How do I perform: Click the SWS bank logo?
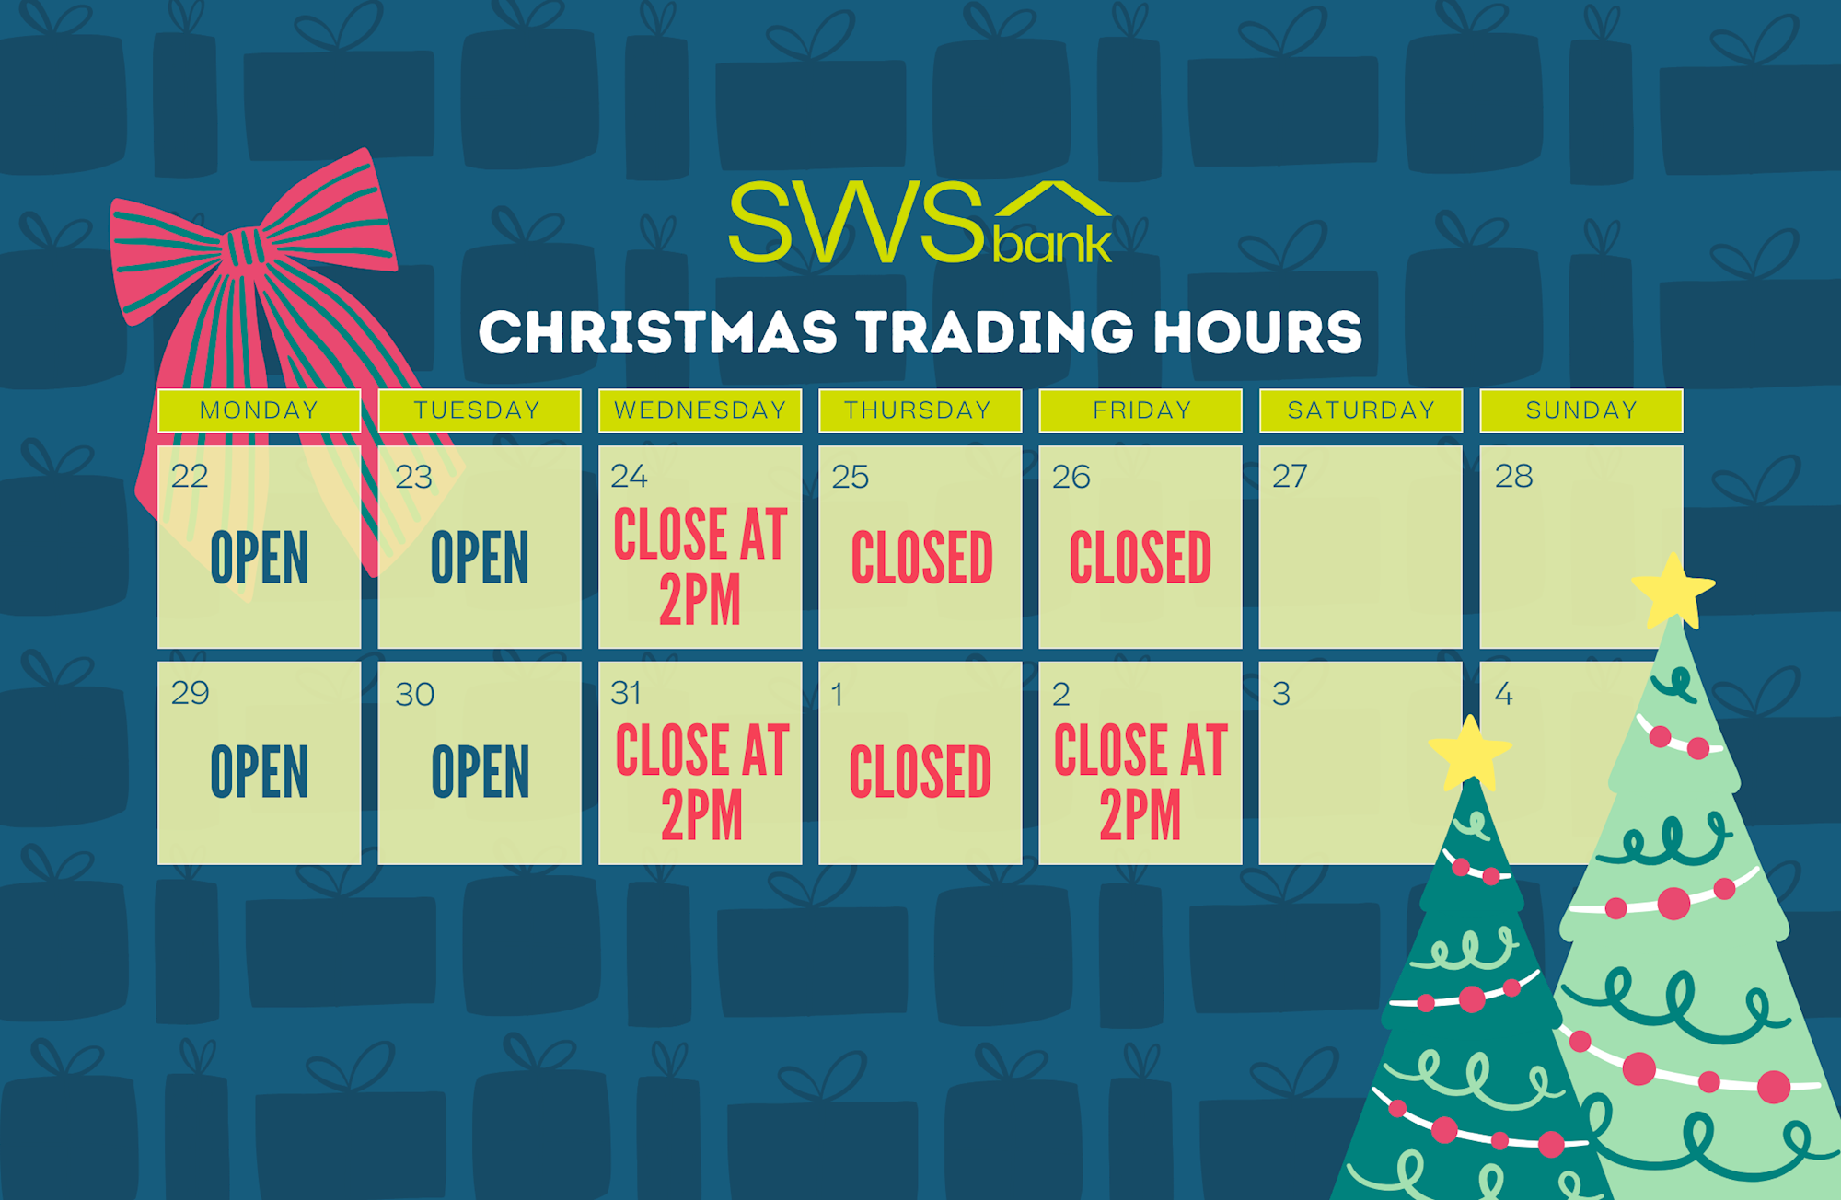[920, 222]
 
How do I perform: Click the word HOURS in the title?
[1258, 332]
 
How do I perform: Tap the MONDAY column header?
[259, 410]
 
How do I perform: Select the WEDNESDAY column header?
[700, 410]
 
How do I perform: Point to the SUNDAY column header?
[1581, 410]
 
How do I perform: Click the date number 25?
[851, 477]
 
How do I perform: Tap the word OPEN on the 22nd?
[260, 558]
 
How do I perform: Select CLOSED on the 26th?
[1140, 558]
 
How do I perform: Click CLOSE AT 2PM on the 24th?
[700, 566]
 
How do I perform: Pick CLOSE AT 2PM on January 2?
[1140, 782]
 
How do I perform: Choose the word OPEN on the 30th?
[481, 773]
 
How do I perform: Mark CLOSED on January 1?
[920, 773]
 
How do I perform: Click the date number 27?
[1290, 477]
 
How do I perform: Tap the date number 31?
[626, 693]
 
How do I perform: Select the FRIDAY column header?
[1141, 410]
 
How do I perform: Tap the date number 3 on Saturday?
[1281, 694]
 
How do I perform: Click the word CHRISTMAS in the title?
[658, 332]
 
